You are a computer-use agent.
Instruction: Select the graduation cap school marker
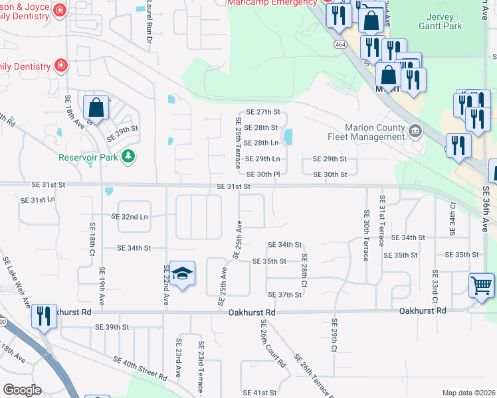[x=181, y=273]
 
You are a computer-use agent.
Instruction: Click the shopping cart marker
[x=482, y=286]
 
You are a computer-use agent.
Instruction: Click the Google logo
[x=21, y=389]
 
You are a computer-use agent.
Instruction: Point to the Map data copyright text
[x=468, y=393]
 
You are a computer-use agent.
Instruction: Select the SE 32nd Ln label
[x=130, y=216]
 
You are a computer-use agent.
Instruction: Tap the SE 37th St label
[x=284, y=295]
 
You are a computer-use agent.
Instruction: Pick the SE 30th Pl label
[x=262, y=174]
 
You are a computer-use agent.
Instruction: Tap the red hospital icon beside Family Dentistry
[x=61, y=66]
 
